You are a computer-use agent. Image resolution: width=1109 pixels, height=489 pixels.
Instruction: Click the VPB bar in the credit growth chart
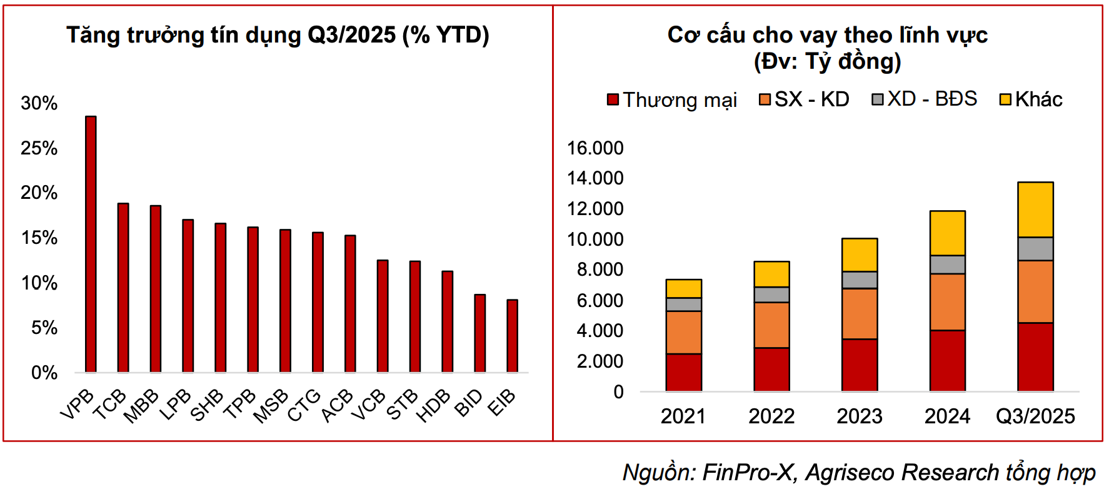coord(91,244)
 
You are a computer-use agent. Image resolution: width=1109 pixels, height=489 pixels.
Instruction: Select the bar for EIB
coord(512,336)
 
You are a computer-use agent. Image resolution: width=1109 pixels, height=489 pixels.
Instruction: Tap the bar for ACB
coord(350,303)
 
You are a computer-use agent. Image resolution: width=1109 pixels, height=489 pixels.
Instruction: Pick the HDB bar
coord(447,321)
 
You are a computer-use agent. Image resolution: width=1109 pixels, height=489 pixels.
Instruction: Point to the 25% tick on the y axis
coord(39,148)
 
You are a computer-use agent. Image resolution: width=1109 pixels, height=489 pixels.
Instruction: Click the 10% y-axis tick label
coord(39,283)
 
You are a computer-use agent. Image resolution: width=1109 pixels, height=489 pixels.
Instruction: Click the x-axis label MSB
coord(271,405)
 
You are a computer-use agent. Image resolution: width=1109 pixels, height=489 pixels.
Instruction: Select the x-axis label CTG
coord(304,405)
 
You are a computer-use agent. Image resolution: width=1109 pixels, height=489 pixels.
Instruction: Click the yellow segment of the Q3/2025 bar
coord(1035,209)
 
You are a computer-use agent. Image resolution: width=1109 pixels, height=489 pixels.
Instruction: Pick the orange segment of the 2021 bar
coord(683,332)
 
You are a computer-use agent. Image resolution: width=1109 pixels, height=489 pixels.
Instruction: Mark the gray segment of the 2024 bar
coord(947,265)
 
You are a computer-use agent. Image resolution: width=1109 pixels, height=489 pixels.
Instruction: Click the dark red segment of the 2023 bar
coord(860,365)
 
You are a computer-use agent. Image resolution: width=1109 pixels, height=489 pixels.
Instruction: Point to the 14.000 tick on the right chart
coord(595,178)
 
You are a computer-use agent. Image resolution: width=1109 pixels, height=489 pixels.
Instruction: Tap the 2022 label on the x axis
coord(771,416)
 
